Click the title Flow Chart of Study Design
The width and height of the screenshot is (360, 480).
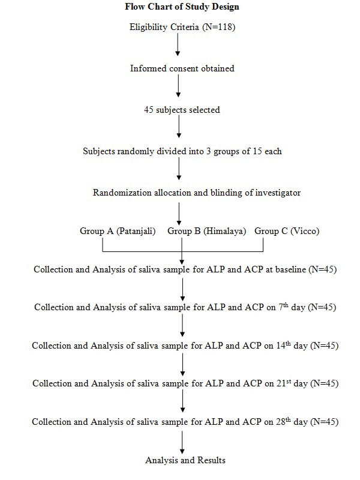tap(182, 8)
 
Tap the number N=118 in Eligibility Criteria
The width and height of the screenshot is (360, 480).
tap(217, 27)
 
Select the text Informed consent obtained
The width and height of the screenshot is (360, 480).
tap(182, 68)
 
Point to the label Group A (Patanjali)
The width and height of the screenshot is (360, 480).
tap(118, 231)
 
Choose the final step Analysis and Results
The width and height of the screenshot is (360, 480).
tap(185, 460)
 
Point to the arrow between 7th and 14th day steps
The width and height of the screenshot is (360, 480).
tap(182, 326)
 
